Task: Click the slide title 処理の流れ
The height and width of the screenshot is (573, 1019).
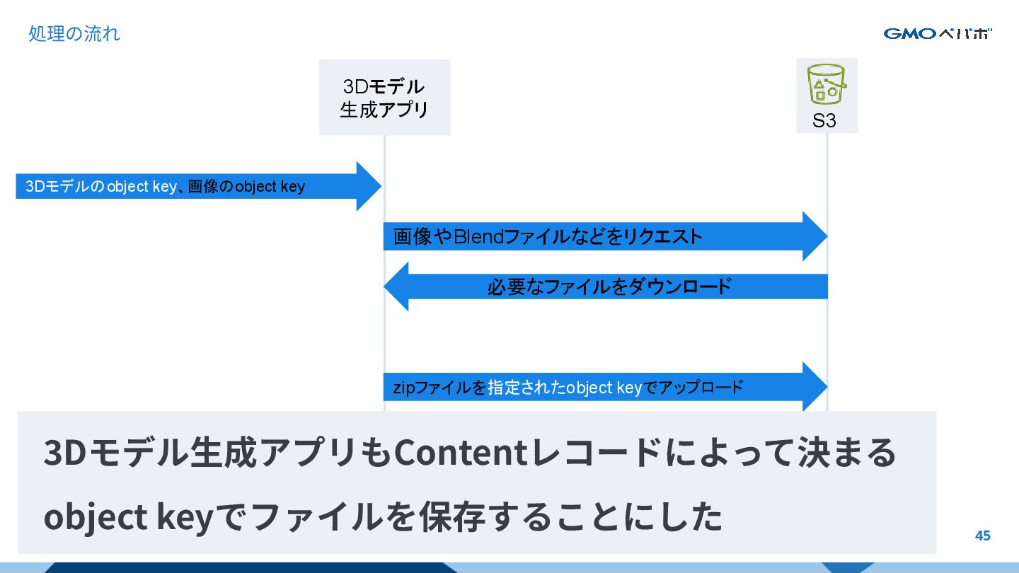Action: [x=74, y=33]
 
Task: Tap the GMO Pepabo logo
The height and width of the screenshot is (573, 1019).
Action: [x=937, y=33]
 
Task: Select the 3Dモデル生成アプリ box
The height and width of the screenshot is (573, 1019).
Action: [x=384, y=98]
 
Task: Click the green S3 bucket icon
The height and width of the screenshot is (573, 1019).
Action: [x=827, y=86]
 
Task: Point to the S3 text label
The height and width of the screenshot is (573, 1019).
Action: [x=824, y=121]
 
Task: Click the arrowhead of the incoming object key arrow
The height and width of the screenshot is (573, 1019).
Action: [x=369, y=187]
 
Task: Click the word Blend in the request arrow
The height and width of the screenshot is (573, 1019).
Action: [x=478, y=237]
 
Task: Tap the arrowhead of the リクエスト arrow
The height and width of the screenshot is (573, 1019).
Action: [x=814, y=236]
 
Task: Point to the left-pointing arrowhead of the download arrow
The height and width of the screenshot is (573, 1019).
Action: [x=397, y=286]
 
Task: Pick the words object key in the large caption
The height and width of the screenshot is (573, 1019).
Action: [x=128, y=517]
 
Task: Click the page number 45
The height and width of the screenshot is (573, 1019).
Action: [x=982, y=536]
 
